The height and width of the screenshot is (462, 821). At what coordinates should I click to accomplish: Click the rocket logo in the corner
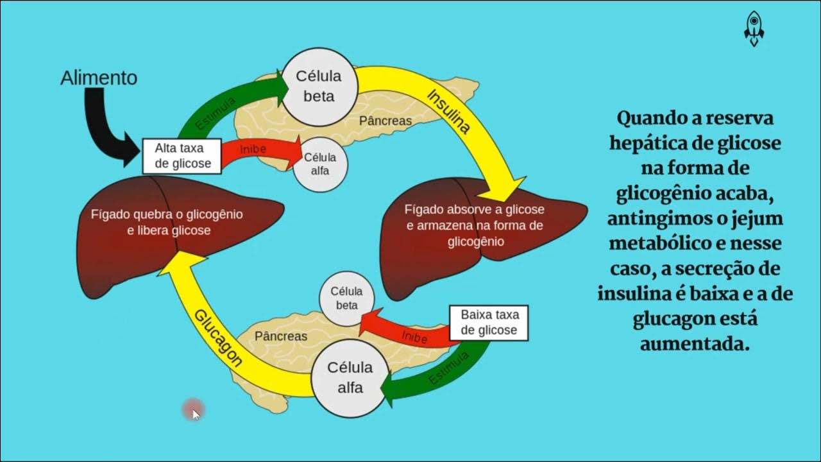pos(754,29)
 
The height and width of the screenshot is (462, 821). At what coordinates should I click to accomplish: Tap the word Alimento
pos(99,78)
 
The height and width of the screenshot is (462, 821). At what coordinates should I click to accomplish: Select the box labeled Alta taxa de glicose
pos(182,156)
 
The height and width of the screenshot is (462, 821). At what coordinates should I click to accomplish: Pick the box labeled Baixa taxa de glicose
pos(489,323)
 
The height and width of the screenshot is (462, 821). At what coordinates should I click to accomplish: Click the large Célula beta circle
pos(319,87)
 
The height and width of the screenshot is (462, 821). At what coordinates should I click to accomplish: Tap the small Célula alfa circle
pos(320,164)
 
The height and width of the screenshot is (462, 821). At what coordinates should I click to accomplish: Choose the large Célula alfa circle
pos(350,378)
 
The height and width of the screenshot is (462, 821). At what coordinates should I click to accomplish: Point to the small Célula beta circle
pos(347,298)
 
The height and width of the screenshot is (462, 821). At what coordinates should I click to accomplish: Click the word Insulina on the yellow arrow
pos(448,112)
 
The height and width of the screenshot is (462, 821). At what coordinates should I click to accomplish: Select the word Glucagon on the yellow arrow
pos(217,338)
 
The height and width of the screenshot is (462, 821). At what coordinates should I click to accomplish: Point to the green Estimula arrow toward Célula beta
pos(220,107)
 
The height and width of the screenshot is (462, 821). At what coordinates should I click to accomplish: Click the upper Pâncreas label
pos(385,121)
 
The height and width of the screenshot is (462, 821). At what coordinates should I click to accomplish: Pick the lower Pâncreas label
pos(281,336)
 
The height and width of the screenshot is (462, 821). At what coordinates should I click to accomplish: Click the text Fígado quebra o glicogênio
pos(167,214)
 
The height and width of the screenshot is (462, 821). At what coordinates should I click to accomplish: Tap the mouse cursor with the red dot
pos(194,410)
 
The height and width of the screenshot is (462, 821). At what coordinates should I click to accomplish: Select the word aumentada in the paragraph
pos(695,344)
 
